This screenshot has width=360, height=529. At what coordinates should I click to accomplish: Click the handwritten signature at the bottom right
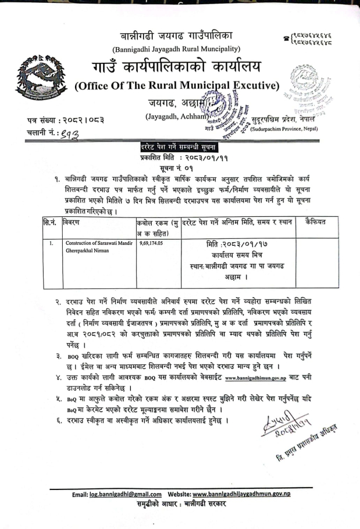click(x=290, y=428)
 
